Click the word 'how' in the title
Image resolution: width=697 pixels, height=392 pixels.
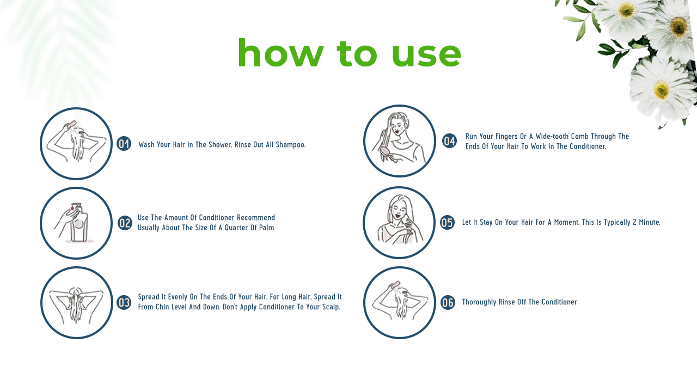pyautogui.click(x=280, y=52)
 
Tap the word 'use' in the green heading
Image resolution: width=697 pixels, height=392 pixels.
pyautogui.click(x=426, y=55)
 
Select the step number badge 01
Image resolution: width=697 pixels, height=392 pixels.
pyautogui.click(x=124, y=144)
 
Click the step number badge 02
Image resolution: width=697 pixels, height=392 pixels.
pyautogui.click(x=125, y=223)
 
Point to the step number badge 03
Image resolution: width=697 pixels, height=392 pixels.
pyautogui.click(x=124, y=303)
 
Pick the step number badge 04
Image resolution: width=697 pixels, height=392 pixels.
pyautogui.click(x=449, y=141)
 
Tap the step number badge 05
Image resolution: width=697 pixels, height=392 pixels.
pyautogui.click(x=447, y=223)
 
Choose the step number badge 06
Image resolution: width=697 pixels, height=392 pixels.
pyautogui.click(x=448, y=302)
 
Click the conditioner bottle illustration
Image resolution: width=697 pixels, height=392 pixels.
pyautogui.click(x=79, y=223)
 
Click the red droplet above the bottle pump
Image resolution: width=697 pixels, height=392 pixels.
pyautogui.click(x=72, y=206)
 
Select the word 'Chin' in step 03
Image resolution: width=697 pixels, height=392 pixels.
pyautogui.click(x=162, y=307)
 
